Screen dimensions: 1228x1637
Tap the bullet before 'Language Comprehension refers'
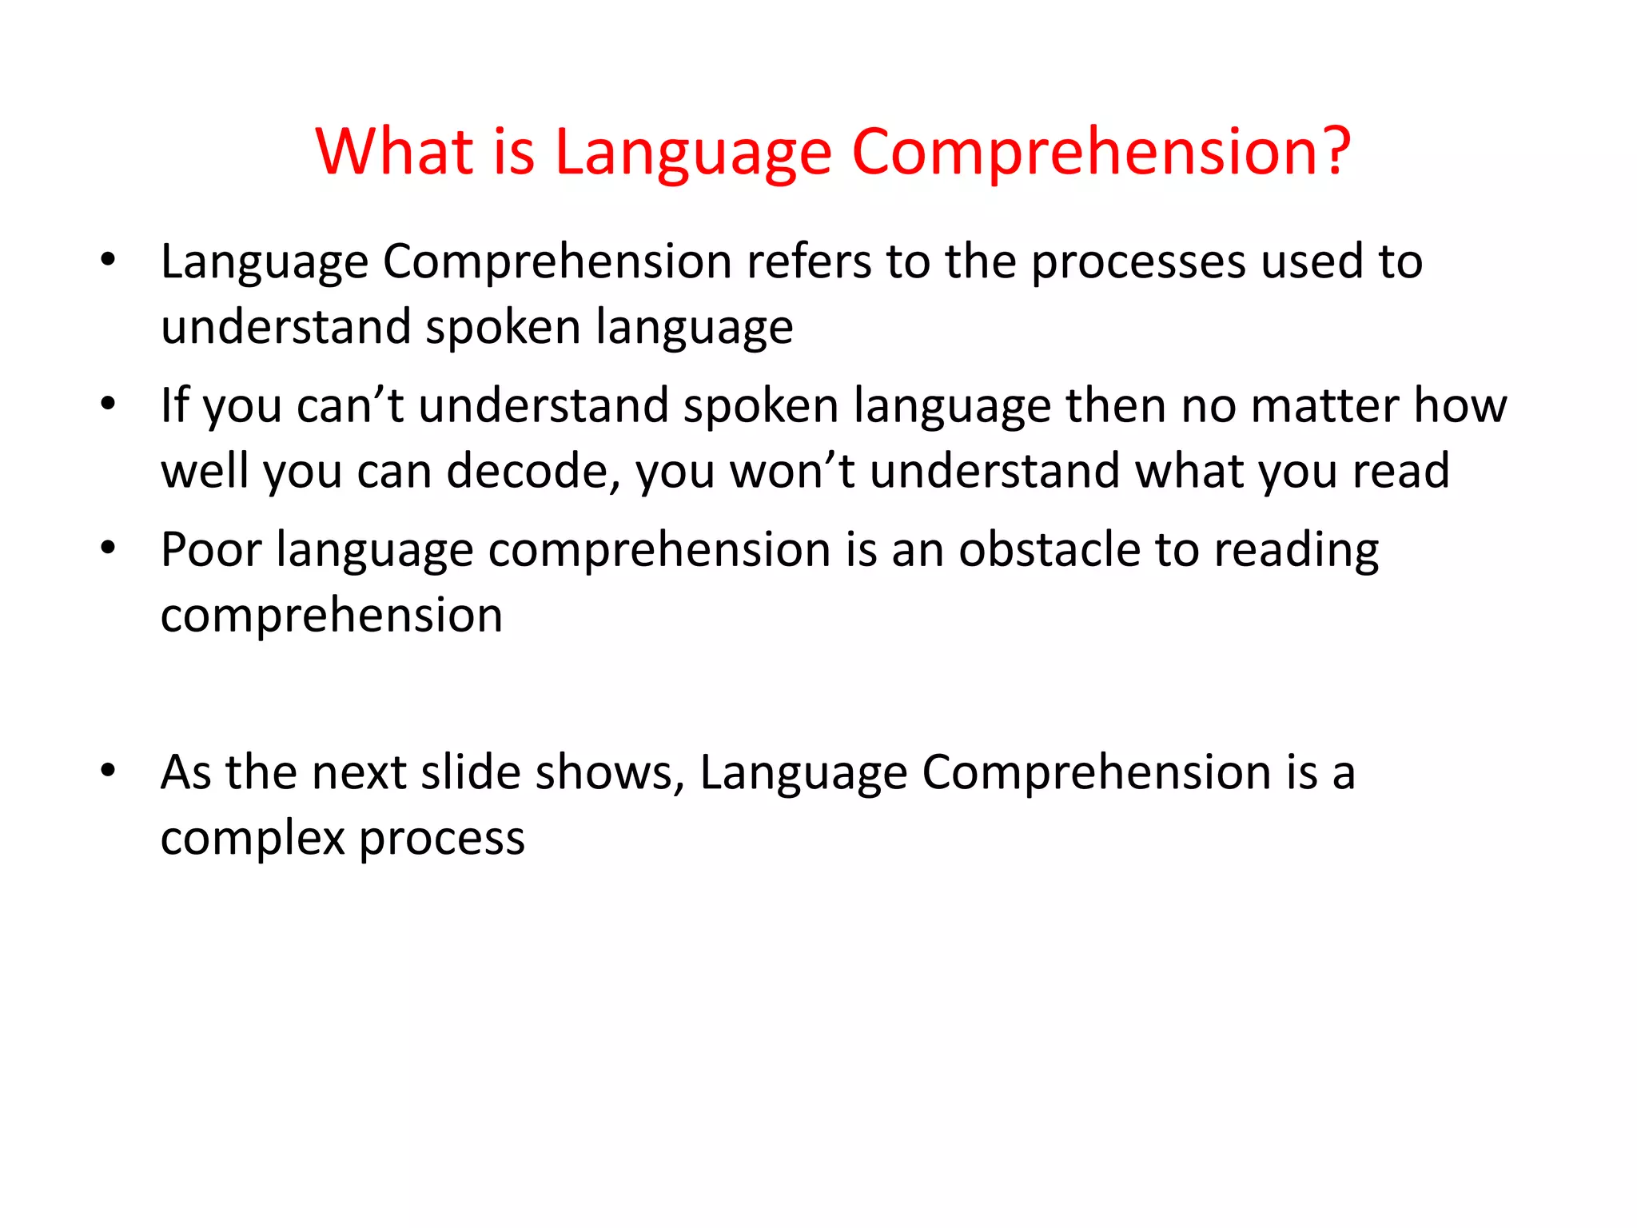click(109, 259)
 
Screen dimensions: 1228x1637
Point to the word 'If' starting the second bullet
click(174, 405)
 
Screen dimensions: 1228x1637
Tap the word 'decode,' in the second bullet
click(533, 471)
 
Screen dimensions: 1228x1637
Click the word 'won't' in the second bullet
click(792, 471)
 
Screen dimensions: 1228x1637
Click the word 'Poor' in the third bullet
click(211, 550)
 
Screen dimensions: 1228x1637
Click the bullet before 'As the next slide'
click(109, 770)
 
